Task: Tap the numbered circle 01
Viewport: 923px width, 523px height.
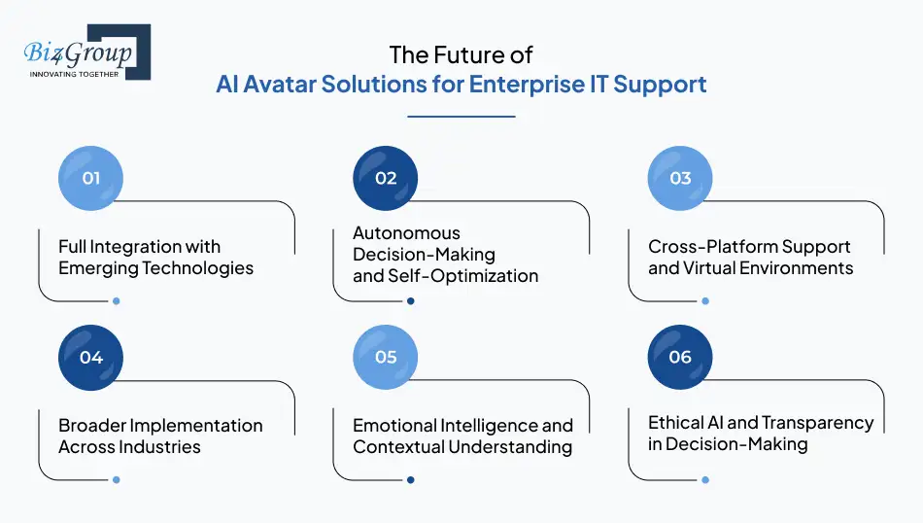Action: pos(90,178)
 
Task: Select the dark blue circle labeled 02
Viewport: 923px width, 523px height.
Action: pos(386,178)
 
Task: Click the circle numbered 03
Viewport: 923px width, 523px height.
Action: pos(680,178)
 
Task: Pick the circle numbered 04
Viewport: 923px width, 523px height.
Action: pos(90,357)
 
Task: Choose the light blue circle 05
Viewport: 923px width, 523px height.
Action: pos(386,357)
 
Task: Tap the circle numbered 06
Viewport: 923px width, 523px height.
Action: pos(680,357)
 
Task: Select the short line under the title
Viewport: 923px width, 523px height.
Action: pos(461,116)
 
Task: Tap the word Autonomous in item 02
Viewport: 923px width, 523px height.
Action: pos(406,233)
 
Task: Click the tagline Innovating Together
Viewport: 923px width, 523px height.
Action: pos(75,74)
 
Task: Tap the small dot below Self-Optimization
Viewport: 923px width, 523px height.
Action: pos(411,301)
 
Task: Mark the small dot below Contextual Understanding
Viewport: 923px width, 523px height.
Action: pos(411,479)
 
